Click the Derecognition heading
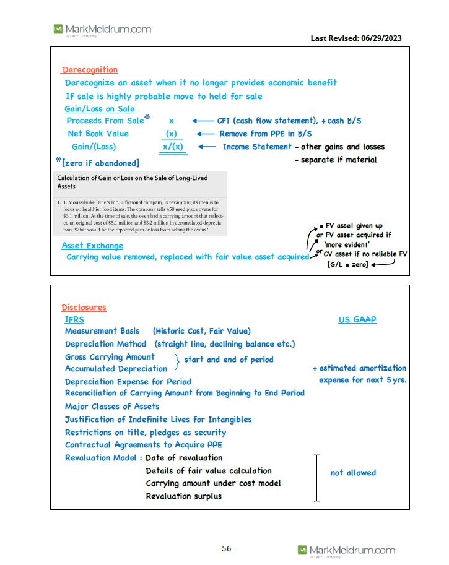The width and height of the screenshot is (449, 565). pos(90,70)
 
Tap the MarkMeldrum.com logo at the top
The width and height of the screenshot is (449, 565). pos(102,29)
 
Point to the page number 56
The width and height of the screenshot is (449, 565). pos(227,548)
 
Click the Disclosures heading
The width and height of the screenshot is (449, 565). pos(84,308)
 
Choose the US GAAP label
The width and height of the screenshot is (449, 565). pos(357,320)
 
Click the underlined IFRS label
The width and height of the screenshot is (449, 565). pos(74,320)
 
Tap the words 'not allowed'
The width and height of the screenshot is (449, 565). pos(353,472)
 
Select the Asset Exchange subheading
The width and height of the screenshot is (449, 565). pos(92,246)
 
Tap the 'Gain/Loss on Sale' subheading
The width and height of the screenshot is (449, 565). pos(100,109)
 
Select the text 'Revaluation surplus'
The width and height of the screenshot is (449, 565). pos(183,496)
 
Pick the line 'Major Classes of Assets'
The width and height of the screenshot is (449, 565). pos(112,407)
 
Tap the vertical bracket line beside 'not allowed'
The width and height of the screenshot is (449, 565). pos(316,477)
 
